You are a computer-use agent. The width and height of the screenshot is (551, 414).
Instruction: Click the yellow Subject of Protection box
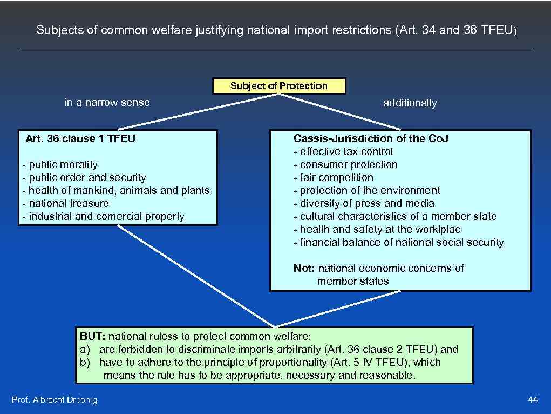[278, 86]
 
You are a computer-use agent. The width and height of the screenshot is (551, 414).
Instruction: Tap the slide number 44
[533, 400]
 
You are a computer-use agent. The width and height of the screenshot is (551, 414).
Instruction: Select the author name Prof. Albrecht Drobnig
[55, 400]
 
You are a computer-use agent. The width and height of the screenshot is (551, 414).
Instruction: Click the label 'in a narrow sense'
[107, 103]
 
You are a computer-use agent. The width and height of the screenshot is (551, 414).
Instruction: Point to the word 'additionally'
[410, 103]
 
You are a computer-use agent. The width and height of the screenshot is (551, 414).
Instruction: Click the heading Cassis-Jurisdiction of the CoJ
[371, 139]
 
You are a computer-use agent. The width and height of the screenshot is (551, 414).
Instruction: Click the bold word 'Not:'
[305, 269]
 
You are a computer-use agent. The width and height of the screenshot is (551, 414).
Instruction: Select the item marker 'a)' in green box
[85, 350]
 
